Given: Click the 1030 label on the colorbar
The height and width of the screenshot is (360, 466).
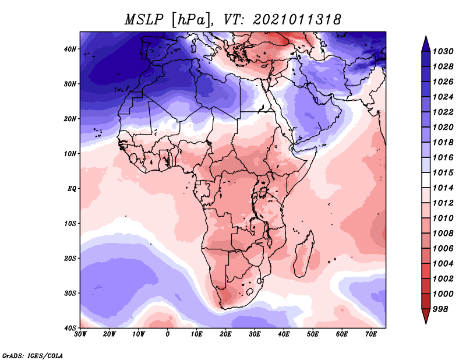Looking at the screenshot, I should click(443, 51).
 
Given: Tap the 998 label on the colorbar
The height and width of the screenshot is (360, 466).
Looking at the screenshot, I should click(441, 308).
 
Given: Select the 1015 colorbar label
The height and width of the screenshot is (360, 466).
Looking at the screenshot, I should click(443, 172).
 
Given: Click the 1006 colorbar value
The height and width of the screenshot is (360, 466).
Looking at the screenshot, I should click(443, 248).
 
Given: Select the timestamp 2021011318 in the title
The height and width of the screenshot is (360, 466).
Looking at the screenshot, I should click(297, 19).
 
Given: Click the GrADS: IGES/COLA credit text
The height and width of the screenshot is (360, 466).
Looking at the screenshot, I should click(33, 354).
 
